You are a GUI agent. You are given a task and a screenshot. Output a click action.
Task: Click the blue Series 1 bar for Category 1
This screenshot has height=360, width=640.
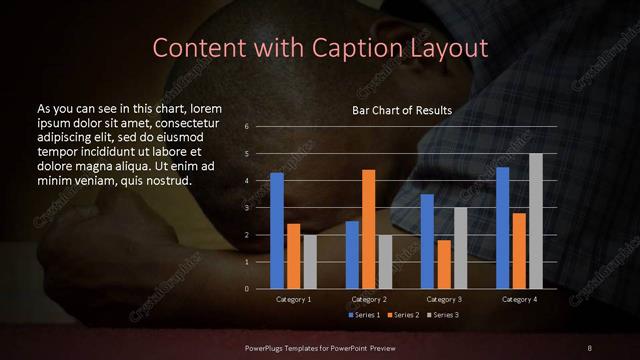(x=277, y=230)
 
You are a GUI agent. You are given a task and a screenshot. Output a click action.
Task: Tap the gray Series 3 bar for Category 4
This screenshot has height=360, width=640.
(x=536, y=221)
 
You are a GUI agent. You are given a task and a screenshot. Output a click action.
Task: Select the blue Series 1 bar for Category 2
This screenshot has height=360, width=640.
(x=352, y=254)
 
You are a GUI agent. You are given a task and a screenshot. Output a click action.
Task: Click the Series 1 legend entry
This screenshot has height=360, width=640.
(x=363, y=315)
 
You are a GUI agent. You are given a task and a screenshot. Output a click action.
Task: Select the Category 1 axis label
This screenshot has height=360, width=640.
(x=293, y=299)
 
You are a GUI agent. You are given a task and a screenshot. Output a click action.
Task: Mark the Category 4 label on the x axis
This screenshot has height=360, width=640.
(x=520, y=299)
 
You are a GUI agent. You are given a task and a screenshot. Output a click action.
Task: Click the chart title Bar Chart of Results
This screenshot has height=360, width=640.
(x=402, y=110)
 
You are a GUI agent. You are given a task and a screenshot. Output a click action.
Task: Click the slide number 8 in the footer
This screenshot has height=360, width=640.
(x=590, y=346)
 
